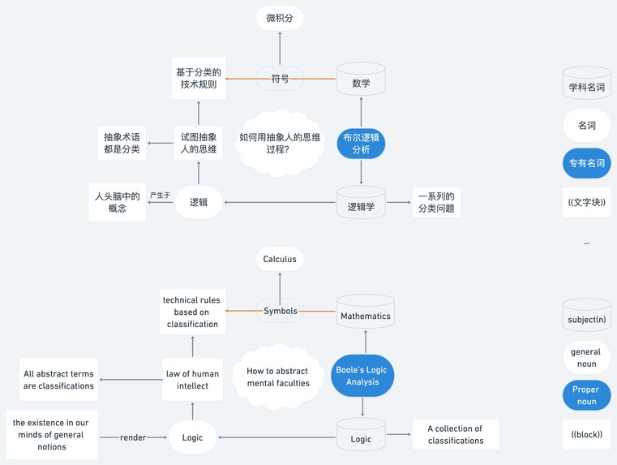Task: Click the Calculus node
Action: click(x=280, y=260)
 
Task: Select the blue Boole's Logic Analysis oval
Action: click(x=362, y=376)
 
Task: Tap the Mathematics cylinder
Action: click(x=365, y=315)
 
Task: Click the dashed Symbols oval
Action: click(x=280, y=311)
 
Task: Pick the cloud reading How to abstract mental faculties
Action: click(x=278, y=377)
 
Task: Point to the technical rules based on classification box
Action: click(x=192, y=312)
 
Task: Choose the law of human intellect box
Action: click(x=193, y=380)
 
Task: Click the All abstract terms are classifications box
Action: click(x=58, y=380)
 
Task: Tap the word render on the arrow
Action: click(x=133, y=437)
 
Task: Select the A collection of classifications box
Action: click(x=455, y=435)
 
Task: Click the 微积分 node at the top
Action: click(x=280, y=17)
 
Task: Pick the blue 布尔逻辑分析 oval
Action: click(x=361, y=144)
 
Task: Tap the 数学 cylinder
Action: click(x=361, y=82)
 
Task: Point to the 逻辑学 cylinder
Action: click(x=361, y=205)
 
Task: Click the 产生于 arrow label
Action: click(x=160, y=196)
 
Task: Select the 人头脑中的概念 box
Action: click(x=118, y=202)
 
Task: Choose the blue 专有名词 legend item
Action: click(x=587, y=163)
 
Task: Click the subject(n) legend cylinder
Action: click(x=587, y=317)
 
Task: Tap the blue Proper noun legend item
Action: click(x=586, y=395)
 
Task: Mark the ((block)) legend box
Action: click(x=586, y=434)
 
